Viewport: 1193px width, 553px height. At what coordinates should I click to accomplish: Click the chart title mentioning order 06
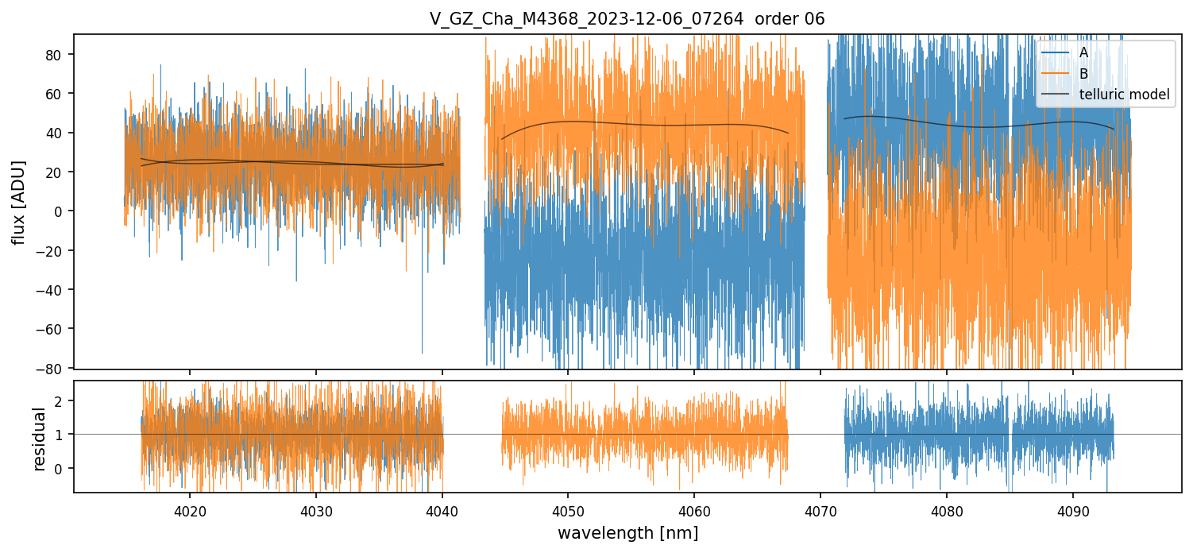627,19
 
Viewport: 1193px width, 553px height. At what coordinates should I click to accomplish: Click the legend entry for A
1083,53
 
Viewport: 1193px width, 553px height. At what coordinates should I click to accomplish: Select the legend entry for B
1083,74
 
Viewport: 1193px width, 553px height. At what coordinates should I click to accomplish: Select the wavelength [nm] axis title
627,533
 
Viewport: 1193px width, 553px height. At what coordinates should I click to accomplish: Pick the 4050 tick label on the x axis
568,509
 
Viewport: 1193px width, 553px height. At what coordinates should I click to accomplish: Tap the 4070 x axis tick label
820,509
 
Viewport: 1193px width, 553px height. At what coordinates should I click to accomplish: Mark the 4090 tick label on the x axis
1073,509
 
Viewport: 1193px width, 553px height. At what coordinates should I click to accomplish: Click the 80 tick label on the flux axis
57,55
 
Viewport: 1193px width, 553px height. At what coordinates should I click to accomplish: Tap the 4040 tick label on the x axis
442,509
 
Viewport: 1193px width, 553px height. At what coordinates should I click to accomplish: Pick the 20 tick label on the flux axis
57,172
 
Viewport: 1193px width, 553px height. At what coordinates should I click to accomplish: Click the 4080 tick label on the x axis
947,509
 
